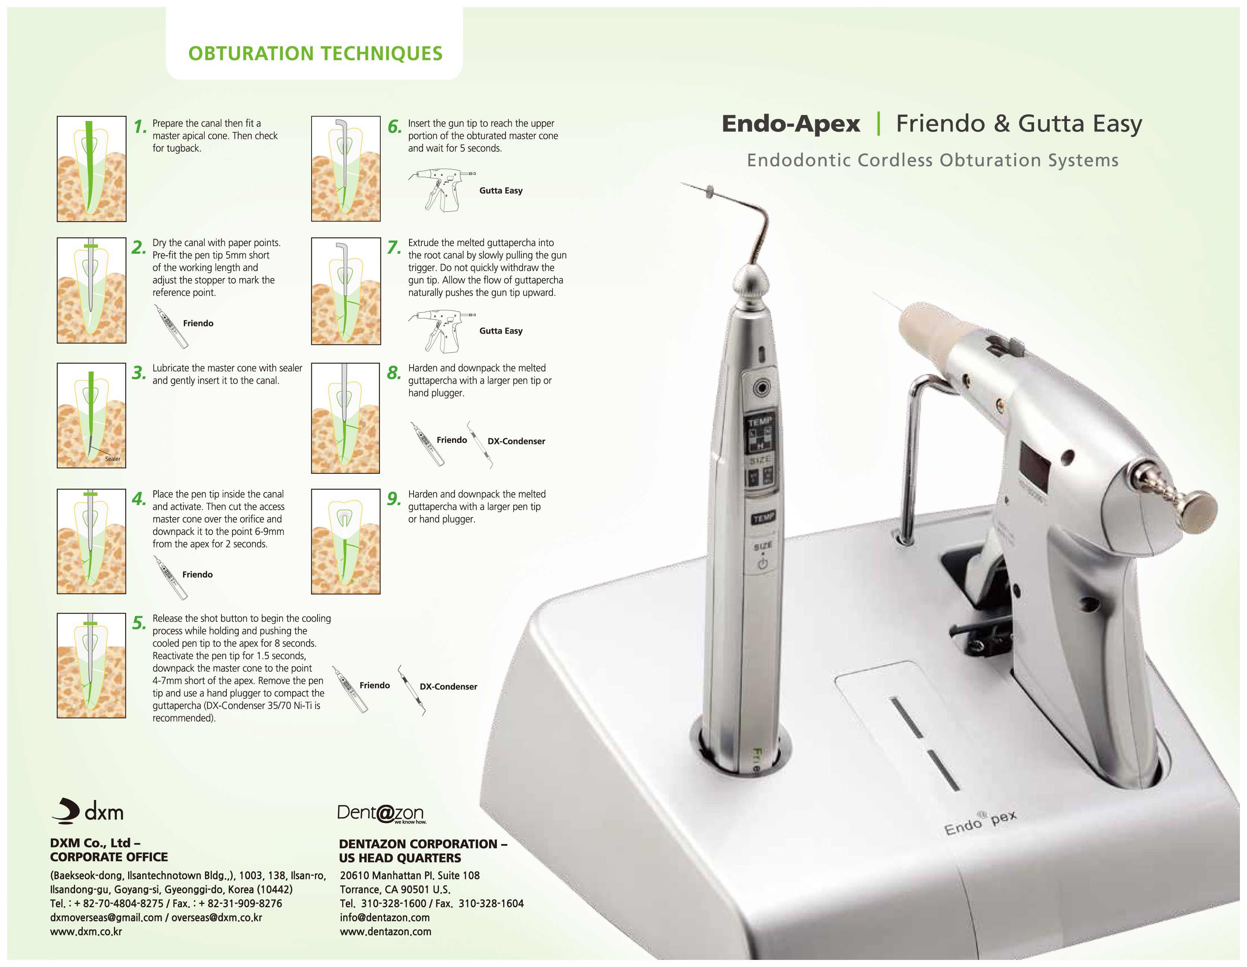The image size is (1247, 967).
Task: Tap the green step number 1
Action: pos(140,126)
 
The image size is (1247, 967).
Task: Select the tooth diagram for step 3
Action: pos(92,415)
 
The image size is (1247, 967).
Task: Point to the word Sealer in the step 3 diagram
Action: pos(112,459)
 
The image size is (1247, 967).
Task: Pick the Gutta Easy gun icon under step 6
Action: pos(441,190)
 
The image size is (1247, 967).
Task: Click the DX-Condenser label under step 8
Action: pos(516,441)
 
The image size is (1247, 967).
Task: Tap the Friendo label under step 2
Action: pos(198,323)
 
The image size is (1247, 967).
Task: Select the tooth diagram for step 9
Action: pos(346,541)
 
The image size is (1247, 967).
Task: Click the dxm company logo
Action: pos(88,811)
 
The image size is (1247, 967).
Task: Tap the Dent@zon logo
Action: pos(381,813)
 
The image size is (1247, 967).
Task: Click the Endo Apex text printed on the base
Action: pos(980,821)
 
